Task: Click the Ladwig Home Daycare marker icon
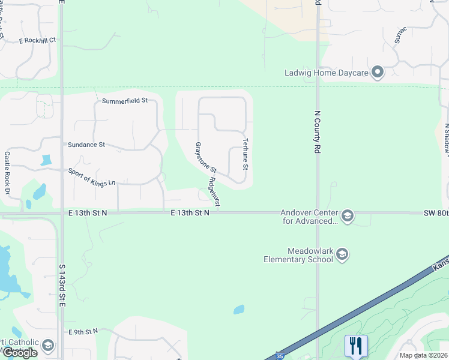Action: pos(378,73)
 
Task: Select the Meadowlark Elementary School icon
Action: pos(342,254)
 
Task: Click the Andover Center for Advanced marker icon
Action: pos(348,215)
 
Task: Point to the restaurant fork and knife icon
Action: pos(356,346)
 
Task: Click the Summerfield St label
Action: pos(124,101)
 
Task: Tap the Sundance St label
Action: pos(86,145)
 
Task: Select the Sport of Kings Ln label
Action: pos(91,178)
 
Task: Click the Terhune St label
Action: pos(245,153)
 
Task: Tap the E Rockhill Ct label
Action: pos(37,40)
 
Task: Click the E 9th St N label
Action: pos(83,331)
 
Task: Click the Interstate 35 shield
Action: pos(279,356)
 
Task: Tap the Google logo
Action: pos(20,353)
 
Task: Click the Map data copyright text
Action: pos(423,355)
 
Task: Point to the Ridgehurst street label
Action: pos(214,192)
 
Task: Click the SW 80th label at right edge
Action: pos(436,213)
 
